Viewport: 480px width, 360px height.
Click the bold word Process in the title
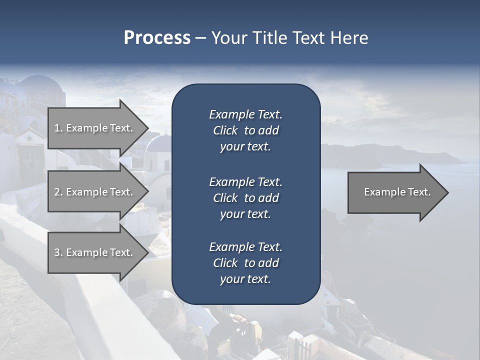coord(157,37)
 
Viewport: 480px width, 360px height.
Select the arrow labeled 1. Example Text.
coord(95,128)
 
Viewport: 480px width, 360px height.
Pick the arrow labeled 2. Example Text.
coord(95,192)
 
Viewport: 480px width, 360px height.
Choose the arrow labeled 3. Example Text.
coord(95,252)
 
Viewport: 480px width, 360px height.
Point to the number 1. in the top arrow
coord(58,128)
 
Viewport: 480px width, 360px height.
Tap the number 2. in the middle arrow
coord(58,192)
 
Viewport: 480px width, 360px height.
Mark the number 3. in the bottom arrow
coord(58,252)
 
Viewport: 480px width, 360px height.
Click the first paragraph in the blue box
coord(245,130)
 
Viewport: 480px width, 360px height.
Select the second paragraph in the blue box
coord(245,197)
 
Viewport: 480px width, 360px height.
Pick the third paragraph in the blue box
coord(245,263)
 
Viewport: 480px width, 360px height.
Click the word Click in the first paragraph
coord(225,130)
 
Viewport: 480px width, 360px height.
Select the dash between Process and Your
coord(200,38)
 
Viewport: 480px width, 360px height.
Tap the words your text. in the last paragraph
coord(245,279)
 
